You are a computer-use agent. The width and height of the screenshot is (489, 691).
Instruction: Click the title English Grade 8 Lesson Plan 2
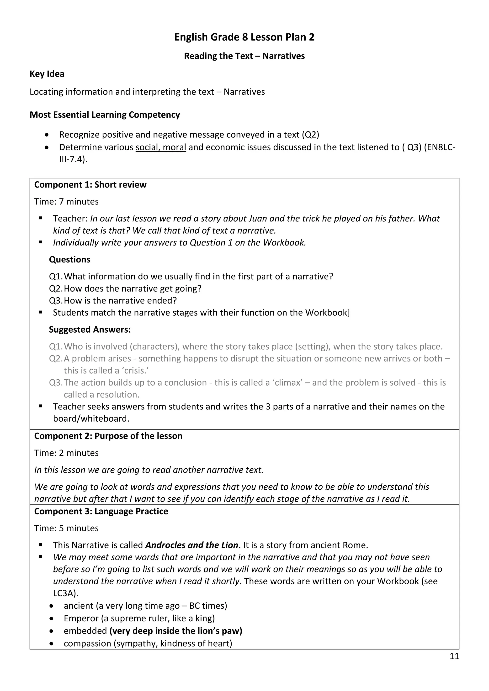tap(244, 37)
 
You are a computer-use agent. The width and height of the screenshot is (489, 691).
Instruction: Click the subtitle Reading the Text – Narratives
tap(244, 56)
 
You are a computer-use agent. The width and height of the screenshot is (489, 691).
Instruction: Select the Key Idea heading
tap(47, 74)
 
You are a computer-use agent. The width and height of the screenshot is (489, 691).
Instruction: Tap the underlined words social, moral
tap(160, 147)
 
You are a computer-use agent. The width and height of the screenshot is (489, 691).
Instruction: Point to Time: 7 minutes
tap(66, 201)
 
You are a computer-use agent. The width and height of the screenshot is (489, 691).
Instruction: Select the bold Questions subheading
tap(69, 259)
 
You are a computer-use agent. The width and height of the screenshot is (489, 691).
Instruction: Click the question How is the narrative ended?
tap(120, 300)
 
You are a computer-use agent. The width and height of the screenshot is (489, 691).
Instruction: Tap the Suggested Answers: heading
tap(90, 330)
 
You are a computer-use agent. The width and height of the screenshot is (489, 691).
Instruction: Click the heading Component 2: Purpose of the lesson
tap(108, 436)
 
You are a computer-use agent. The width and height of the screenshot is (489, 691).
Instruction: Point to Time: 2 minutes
tap(66, 453)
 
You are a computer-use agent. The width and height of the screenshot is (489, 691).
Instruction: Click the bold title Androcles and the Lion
tap(193, 545)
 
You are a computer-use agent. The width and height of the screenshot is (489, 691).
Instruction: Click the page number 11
tap(454, 656)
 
